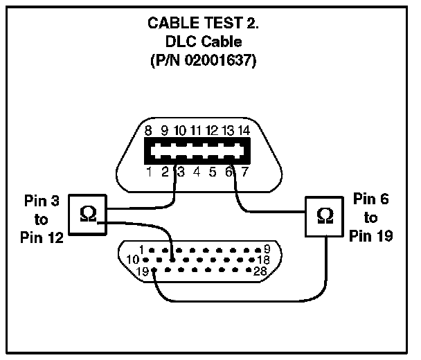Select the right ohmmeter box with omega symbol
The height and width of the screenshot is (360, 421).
pyautogui.click(x=323, y=215)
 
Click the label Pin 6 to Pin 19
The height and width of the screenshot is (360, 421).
pyautogui.click(x=371, y=217)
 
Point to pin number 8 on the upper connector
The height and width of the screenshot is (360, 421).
pyautogui.click(x=148, y=129)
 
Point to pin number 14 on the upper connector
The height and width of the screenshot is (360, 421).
pyautogui.click(x=243, y=129)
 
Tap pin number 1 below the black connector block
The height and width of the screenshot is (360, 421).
pyautogui.click(x=150, y=172)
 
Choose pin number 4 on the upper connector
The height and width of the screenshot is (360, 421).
pyautogui.click(x=197, y=172)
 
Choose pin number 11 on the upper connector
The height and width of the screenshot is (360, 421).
pyautogui.click(x=196, y=129)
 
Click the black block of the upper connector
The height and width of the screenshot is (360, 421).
pyautogui.click(x=195, y=150)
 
